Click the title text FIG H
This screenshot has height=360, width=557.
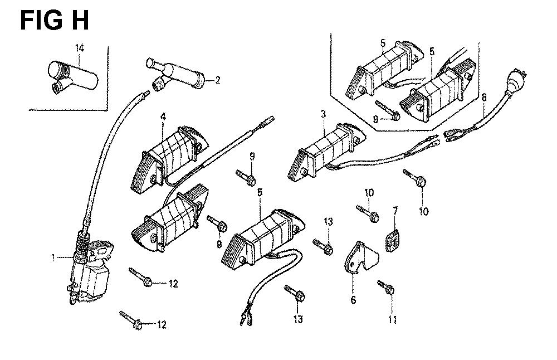click(x=54, y=21)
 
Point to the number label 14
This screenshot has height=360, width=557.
click(x=80, y=49)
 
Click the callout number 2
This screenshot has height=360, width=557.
click(x=218, y=80)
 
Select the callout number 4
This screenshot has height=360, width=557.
click(x=163, y=116)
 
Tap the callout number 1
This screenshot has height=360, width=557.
click(x=53, y=257)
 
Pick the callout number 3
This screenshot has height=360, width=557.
click(x=323, y=114)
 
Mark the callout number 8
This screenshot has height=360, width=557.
click(x=483, y=96)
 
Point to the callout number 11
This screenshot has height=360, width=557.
click(x=392, y=319)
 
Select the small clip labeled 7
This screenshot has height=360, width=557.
click(x=394, y=238)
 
